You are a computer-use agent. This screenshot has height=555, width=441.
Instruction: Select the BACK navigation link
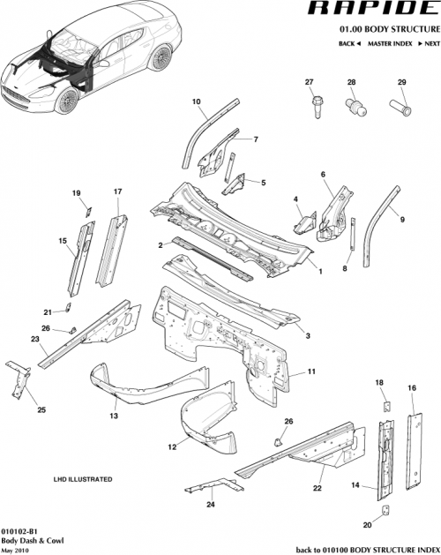pyautogui.click(x=347, y=42)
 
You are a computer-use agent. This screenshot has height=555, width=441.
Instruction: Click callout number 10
pyautogui.click(x=197, y=101)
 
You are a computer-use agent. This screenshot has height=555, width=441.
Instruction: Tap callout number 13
pyautogui.click(x=114, y=415)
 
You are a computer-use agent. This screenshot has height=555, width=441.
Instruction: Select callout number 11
pyautogui.click(x=311, y=375)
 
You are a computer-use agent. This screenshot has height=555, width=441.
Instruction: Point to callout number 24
pyautogui.click(x=209, y=505)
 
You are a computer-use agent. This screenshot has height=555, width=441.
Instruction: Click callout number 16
pyautogui.click(x=411, y=388)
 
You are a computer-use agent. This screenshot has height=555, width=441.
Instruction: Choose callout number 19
pyautogui.click(x=76, y=193)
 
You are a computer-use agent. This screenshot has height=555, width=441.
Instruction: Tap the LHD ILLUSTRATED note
pyautogui.click(x=86, y=478)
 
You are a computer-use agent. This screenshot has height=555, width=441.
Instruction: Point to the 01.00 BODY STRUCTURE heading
pyautogui.click(x=384, y=28)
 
